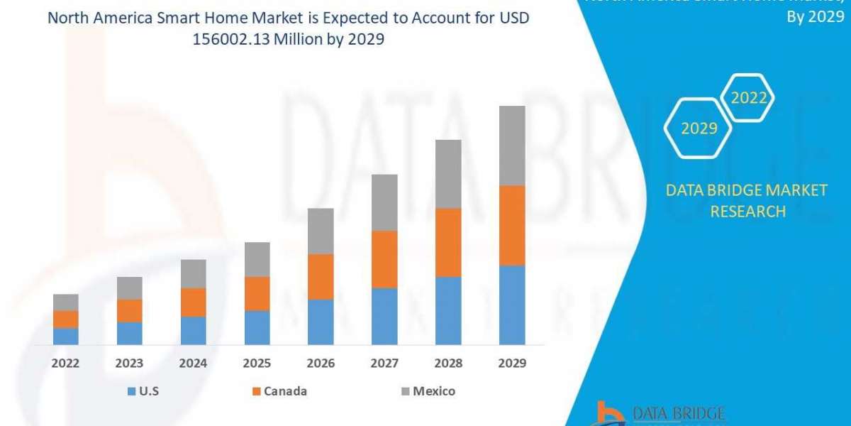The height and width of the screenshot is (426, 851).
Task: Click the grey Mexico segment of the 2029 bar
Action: pyautogui.click(x=512, y=146)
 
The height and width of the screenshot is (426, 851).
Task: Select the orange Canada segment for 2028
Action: pyautogui.click(x=448, y=242)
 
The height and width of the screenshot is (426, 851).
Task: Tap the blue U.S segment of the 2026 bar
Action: pyautogui.click(x=321, y=322)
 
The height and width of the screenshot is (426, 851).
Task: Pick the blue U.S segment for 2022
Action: pyautogui.click(x=65, y=336)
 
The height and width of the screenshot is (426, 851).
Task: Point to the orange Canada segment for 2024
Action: pyautogui.click(x=193, y=302)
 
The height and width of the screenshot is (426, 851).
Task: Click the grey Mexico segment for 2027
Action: pyautogui.click(x=384, y=202)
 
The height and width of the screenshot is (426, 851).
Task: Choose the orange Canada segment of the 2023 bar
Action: pyautogui.click(x=129, y=310)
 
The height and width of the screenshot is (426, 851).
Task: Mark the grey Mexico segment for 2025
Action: pyautogui.click(x=257, y=259)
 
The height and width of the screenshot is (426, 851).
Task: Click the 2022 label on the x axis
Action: pyautogui.click(x=65, y=363)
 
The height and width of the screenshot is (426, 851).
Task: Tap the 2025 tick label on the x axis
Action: pyautogui.click(x=257, y=363)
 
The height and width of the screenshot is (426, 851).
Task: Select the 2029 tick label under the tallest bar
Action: pyautogui.click(x=512, y=363)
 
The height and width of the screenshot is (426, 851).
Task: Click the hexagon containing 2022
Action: pyautogui.click(x=749, y=98)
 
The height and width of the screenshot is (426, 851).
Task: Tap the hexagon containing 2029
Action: pyautogui.click(x=699, y=129)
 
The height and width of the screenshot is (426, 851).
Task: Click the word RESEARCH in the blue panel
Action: pyautogui.click(x=747, y=211)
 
